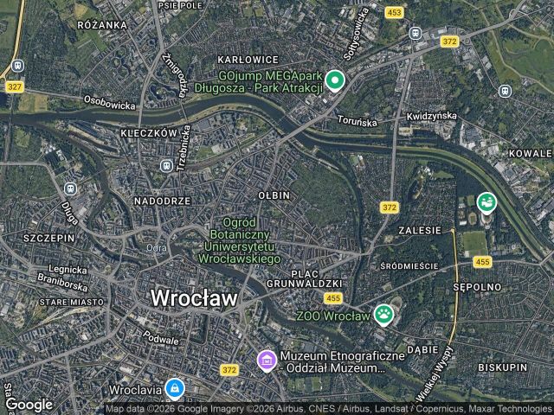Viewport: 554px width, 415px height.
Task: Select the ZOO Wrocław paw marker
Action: pyautogui.click(x=383, y=315)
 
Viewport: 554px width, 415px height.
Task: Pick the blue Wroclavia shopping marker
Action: pyautogui.click(x=175, y=388)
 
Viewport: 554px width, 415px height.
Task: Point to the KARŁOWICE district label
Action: pyautogui.click(x=248, y=60)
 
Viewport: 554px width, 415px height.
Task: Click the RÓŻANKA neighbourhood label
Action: pyautogui.click(x=102, y=25)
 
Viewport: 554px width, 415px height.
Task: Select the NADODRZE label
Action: pyautogui.click(x=162, y=201)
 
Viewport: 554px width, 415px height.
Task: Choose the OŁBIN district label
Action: pyautogui.click(x=274, y=196)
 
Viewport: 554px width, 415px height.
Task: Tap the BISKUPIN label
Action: pyautogui.click(x=501, y=367)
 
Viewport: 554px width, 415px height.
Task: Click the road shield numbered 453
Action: pyautogui.click(x=395, y=12)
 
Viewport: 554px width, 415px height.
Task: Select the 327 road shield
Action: pyautogui.click(x=15, y=86)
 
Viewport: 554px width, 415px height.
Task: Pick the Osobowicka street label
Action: pyautogui.click(x=110, y=103)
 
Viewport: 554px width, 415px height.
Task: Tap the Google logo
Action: pyautogui.click(x=29, y=404)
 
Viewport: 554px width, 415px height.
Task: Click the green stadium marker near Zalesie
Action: pyautogui.click(x=486, y=202)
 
